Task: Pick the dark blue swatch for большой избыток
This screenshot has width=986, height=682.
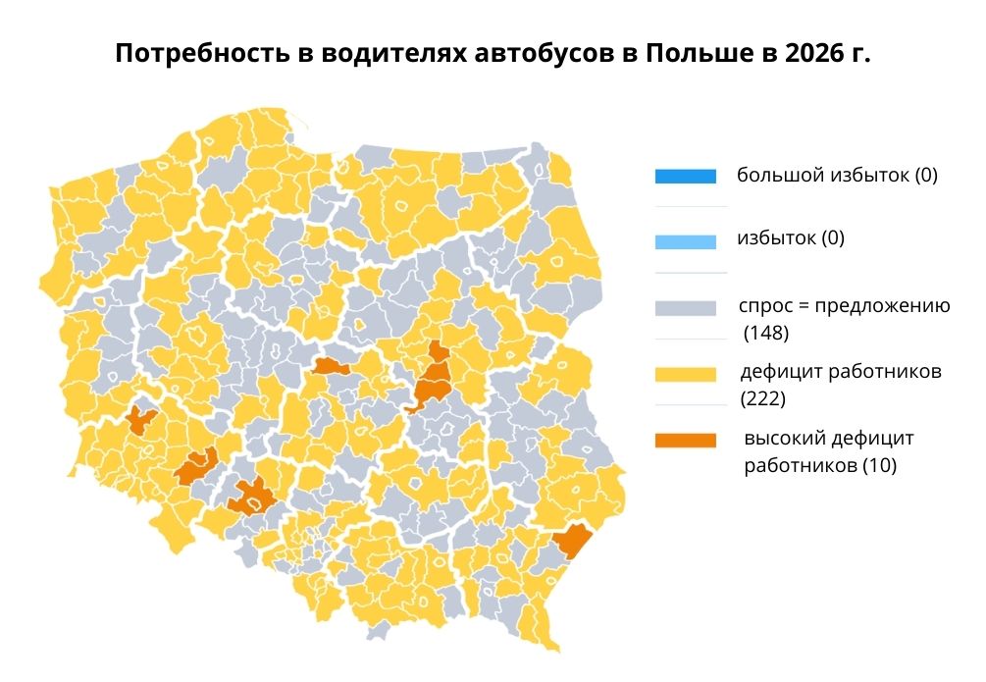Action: (x=686, y=178)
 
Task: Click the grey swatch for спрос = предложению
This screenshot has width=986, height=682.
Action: (x=686, y=308)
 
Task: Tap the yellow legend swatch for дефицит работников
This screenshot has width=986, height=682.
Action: (x=686, y=374)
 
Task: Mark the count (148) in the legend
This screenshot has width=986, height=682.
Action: (x=766, y=334)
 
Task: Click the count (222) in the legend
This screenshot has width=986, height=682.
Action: (x=765, y=399)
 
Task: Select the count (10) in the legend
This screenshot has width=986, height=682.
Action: (x=878, y=465)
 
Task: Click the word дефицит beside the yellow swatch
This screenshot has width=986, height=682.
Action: (x=782, y=372)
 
